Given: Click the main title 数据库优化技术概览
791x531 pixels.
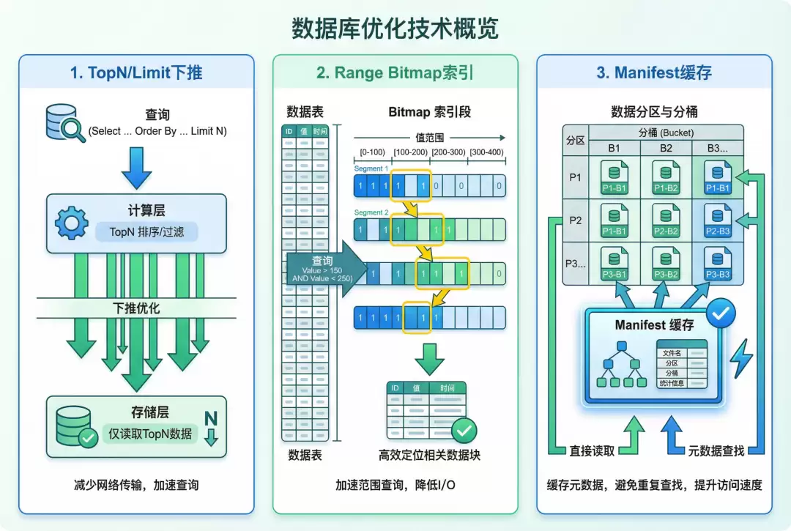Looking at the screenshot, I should (x=395, y=29).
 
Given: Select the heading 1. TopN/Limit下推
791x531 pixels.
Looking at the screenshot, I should (x=136, y=73).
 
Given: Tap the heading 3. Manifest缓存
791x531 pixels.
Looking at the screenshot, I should (x=653, y=73).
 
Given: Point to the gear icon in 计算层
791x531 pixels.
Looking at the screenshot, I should (x=72, y=223).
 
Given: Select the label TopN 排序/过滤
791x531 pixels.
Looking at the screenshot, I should (x=147, y=232).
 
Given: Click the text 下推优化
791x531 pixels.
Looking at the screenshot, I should (x=137, y=308).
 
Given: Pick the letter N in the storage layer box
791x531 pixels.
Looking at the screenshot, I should (x=211, y=419).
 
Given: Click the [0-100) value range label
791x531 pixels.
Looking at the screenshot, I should (x=372, y=152).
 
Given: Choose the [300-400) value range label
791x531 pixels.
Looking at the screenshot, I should (x=486, y=152).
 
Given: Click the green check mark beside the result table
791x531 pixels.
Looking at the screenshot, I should (x=464, y=429).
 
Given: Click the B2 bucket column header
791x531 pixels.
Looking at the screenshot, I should (x=666, y=148).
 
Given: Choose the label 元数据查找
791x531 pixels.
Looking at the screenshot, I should (x=717, y=450).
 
